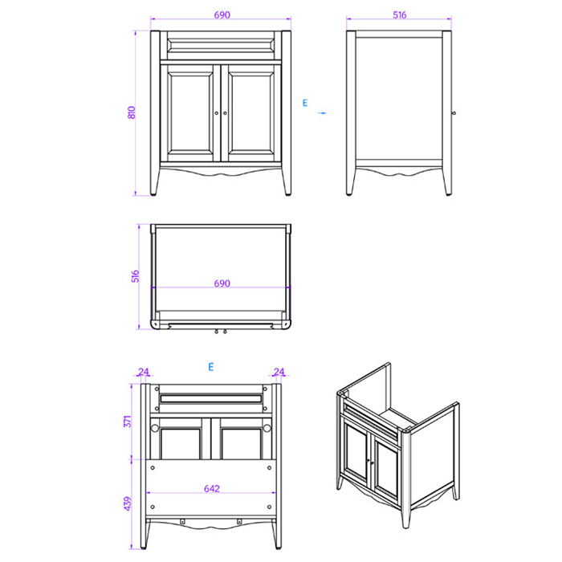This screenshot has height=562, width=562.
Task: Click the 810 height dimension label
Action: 132,112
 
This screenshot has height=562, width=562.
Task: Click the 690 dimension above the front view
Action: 222,15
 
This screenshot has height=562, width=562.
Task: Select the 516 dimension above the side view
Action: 399,15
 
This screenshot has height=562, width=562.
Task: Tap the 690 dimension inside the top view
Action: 222,283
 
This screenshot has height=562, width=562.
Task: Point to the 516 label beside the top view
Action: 135,276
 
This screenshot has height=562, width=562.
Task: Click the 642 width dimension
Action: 212,489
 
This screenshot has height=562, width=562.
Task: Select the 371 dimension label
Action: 128,421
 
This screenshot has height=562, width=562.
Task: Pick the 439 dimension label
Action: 128,503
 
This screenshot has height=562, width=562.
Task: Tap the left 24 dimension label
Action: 144,372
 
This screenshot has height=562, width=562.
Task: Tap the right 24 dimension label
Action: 279,372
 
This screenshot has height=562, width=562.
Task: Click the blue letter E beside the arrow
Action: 305,103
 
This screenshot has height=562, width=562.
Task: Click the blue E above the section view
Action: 211,367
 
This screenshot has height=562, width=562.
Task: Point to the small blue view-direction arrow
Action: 322,113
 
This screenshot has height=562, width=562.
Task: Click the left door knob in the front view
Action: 217,113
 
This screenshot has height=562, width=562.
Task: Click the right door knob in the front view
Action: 225,113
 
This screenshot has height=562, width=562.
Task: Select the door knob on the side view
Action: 454,113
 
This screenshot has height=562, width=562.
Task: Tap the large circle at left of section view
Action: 155,428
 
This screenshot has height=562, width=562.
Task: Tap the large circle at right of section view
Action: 267,428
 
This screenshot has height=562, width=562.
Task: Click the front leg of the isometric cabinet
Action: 405,516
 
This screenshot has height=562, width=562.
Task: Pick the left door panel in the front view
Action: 190,113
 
